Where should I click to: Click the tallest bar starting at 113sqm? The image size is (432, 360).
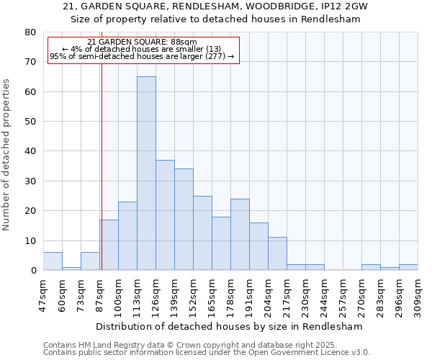coord(146,174)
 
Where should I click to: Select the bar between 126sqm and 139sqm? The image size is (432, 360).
coord(165,215)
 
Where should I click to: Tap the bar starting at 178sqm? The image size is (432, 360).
coord(240,235)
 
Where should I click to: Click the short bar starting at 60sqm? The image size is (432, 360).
coord(71,269)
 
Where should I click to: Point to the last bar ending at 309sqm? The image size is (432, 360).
coord(408,267)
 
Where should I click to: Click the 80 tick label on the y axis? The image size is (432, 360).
coord(30,32)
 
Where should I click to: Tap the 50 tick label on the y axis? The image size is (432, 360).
coord(30,122)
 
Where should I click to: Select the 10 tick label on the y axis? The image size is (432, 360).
coord(30,241)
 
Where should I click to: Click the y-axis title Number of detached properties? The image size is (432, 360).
coord(6,155)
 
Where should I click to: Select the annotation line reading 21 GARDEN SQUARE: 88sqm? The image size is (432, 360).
coord(142,42)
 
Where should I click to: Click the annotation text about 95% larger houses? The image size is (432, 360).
coord(142,56)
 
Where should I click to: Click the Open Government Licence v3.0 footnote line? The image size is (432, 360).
coord(206,352)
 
